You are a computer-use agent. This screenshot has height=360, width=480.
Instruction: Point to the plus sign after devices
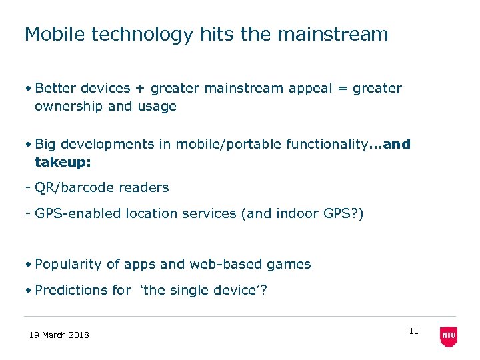[140, 89]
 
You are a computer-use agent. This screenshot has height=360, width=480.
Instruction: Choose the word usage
[157, 107]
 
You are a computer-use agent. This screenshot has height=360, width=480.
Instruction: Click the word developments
[108, 145]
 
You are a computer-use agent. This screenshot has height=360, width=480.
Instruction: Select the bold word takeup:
[63, 163]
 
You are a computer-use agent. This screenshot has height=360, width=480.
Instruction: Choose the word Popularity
[69, 265]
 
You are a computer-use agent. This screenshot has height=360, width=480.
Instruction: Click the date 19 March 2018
[59, 335]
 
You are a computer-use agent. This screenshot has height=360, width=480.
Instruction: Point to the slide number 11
[413, 331]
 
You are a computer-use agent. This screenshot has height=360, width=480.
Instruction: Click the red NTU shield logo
[449, 336]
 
